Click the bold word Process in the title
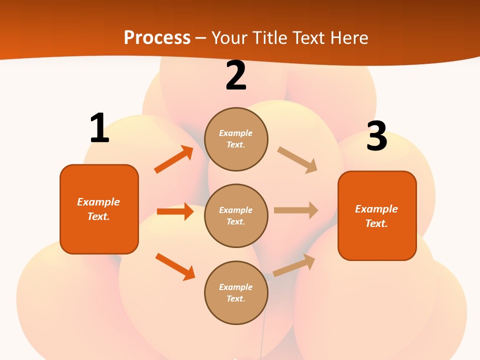(157, 38)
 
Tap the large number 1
(99, 128)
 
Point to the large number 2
(236, 76)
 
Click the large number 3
(376, 136)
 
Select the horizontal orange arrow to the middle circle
(175, 211)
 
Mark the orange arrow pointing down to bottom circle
(175, 266)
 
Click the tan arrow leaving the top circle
(297, 160)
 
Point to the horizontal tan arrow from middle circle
(296, 210)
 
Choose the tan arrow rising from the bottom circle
(294, 265)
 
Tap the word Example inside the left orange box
(98, 202)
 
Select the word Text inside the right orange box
(376, 223)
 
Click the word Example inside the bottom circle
(236, 287)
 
